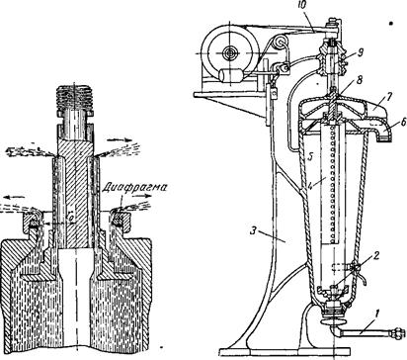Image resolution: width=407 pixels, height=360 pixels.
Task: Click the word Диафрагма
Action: click(x=134, y=188)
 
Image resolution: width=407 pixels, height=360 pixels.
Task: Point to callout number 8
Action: click(x=360, y=80)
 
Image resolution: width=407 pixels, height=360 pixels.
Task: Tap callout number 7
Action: click(x=390, y=98)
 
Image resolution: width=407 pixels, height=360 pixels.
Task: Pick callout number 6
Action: click(x=404, y=122)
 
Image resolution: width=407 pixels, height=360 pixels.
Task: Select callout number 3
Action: click(x=253, y=230)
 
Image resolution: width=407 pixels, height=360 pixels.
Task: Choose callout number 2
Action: click(x=375, y=255)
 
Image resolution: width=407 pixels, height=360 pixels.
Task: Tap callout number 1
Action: click(x=377, y=313)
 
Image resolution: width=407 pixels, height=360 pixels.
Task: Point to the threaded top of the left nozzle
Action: click(x=75, y=97)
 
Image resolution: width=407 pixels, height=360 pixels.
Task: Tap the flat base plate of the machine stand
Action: click(x=285, y=352)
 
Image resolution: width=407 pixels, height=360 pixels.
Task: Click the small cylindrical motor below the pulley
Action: click(x=231, y=75)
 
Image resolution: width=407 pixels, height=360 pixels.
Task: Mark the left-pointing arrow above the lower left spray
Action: click(x=15, y=197)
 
